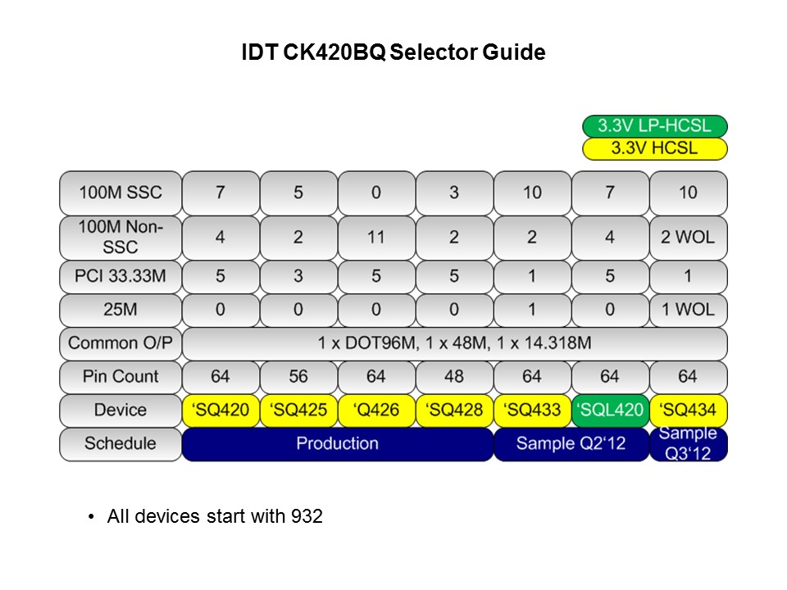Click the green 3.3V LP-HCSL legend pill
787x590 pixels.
tap(654, 126)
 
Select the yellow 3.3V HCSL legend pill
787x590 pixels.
tap(654, 148)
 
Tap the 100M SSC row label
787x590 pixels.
tap(121, 193)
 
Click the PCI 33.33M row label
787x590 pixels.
tap(121, 277)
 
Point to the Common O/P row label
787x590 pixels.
tap(121, 343)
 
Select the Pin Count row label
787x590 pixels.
tap(121, 377)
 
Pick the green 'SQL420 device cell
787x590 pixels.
tap(610, 410)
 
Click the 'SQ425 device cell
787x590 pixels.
tap(298, 410)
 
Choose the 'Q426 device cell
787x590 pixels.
tap(376, 410)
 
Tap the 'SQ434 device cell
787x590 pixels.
tap(688, 410)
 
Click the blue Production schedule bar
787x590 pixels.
tap(337, 443)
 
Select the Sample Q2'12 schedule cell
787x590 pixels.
tap(571, 443)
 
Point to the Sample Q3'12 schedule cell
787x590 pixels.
tap(688, 443)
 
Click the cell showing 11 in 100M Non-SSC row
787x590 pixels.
tap(376, 237)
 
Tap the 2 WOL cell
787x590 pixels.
tap(688, 237)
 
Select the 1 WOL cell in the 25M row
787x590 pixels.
tap(688, 311)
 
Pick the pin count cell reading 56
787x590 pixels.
tap(298, 377)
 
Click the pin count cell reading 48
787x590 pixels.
tap(454, 377)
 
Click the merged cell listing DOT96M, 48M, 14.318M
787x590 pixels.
tap(454, 343)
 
